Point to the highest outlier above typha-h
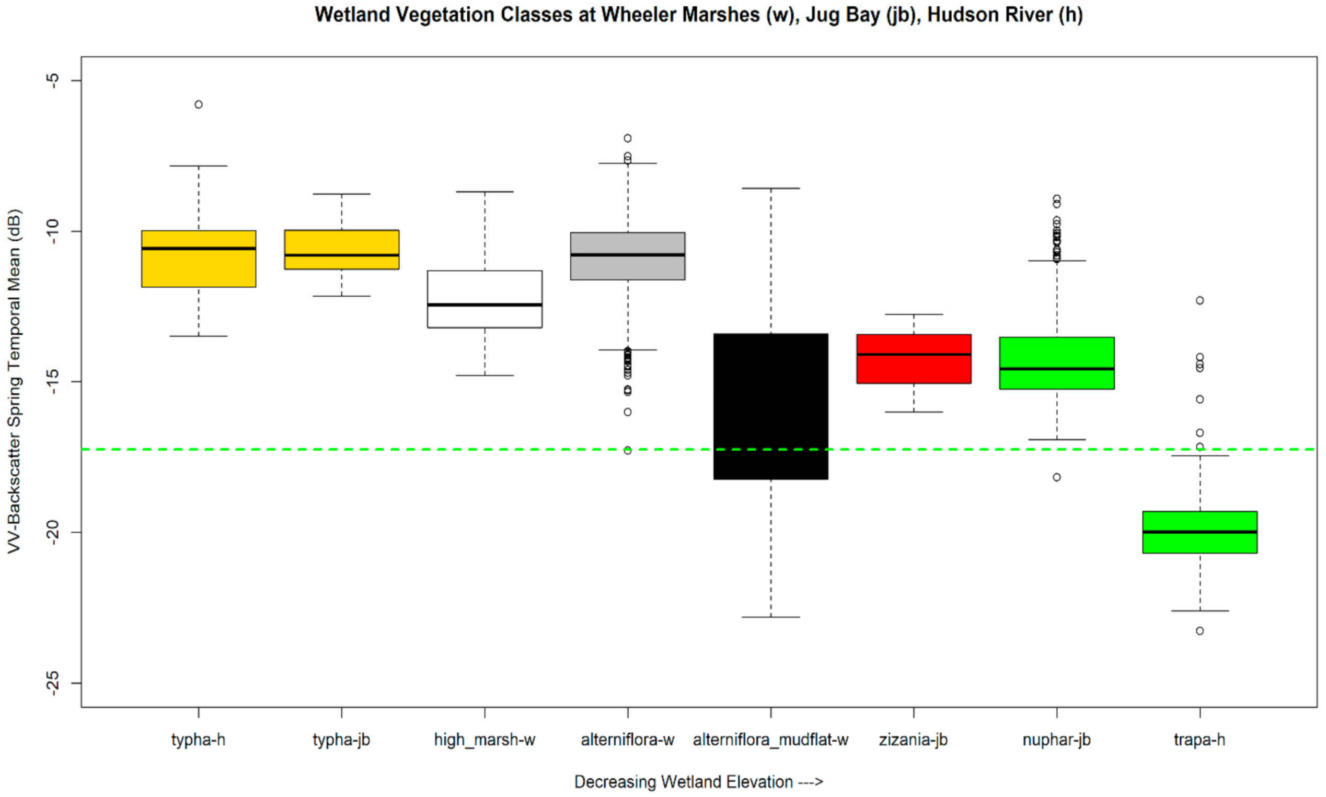[x=199, y=104]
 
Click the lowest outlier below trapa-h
[x=1200, y=630]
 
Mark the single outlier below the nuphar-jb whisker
[x=1057, y=477]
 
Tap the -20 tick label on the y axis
[x=53, y=532]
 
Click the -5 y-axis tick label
[x=53, y=80]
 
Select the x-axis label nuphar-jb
[x=1056, y=740]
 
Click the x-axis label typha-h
[x=198, y=740]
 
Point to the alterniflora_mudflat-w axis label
[x=770, y=740]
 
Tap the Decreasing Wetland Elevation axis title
[x=698, y=781]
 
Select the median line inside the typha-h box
[x=199, y=248]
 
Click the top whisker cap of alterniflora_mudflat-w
[x=770, y=189]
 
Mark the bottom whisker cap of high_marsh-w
[x=485, y=376]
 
